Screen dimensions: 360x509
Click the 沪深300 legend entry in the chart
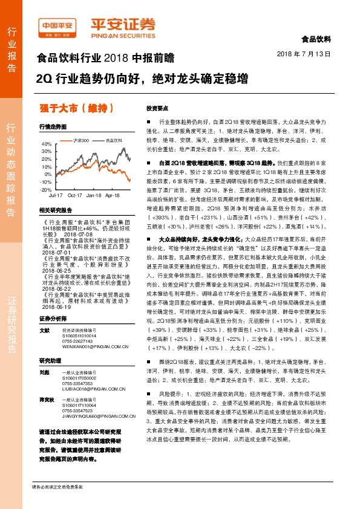[81, 140]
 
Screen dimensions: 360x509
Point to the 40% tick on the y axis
[46, 144]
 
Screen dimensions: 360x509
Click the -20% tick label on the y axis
[45, 189]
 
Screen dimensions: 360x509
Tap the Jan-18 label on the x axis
[93, 196]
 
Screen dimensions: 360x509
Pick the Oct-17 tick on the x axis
[74, 196]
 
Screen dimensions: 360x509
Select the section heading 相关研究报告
[55, 210]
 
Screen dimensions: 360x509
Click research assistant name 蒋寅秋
[46, 400]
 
